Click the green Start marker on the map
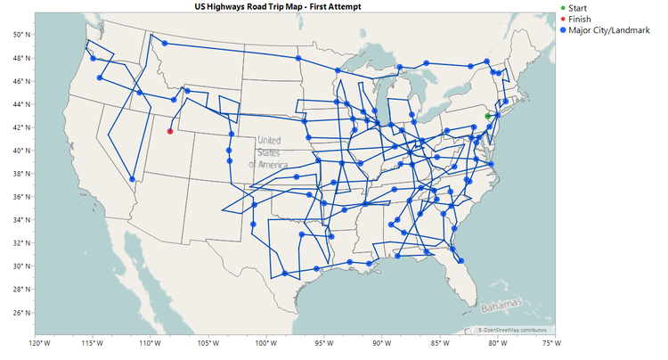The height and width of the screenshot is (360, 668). [x=487, y=116]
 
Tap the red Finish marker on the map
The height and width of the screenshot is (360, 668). [x=170, y=132]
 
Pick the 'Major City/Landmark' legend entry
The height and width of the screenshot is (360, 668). [x=610, y=30]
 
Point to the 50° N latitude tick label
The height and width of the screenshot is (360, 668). [x=19, y=35]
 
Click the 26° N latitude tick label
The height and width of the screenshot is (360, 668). [x=19, y=313]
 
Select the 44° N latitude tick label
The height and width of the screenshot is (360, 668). [x=19, y=104]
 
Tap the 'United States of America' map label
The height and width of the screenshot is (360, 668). [x=268, y=152]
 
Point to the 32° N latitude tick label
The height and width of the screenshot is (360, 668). [x=19, y=243]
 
